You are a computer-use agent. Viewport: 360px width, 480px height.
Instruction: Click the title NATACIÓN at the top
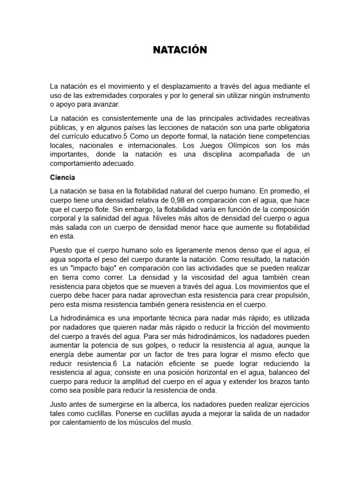(180, 50)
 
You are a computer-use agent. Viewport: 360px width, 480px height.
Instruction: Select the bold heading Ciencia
(63, 178)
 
